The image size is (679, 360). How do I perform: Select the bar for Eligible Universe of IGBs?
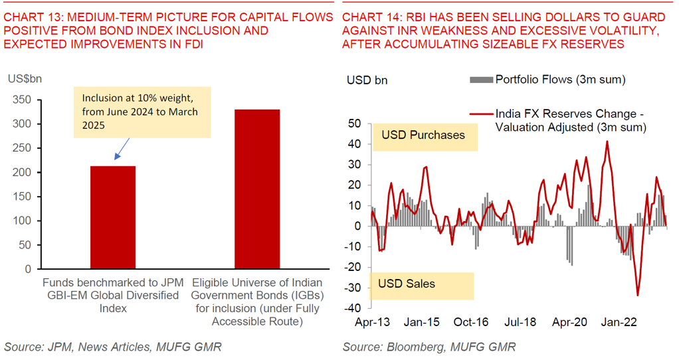point(257,189)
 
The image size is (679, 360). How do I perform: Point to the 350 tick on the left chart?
point(21,100)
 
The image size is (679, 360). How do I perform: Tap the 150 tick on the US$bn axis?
point(21,197)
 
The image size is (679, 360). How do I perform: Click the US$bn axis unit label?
point(25,79)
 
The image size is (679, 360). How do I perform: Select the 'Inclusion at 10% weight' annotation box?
point(142,112)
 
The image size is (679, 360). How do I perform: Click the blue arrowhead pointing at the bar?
point(117,158)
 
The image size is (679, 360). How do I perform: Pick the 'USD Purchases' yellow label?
point(423,135)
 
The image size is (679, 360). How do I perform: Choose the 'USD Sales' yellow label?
point(407,284)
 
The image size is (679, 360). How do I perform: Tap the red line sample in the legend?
point(480,114)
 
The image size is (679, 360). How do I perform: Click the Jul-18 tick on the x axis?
point(520,322)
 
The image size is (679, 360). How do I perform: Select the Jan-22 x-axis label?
point(619,322)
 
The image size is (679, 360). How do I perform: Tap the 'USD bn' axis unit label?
point(367,80)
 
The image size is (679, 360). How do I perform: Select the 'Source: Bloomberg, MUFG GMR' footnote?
point(429,347)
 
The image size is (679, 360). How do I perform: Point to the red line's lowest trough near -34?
point(638,296)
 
